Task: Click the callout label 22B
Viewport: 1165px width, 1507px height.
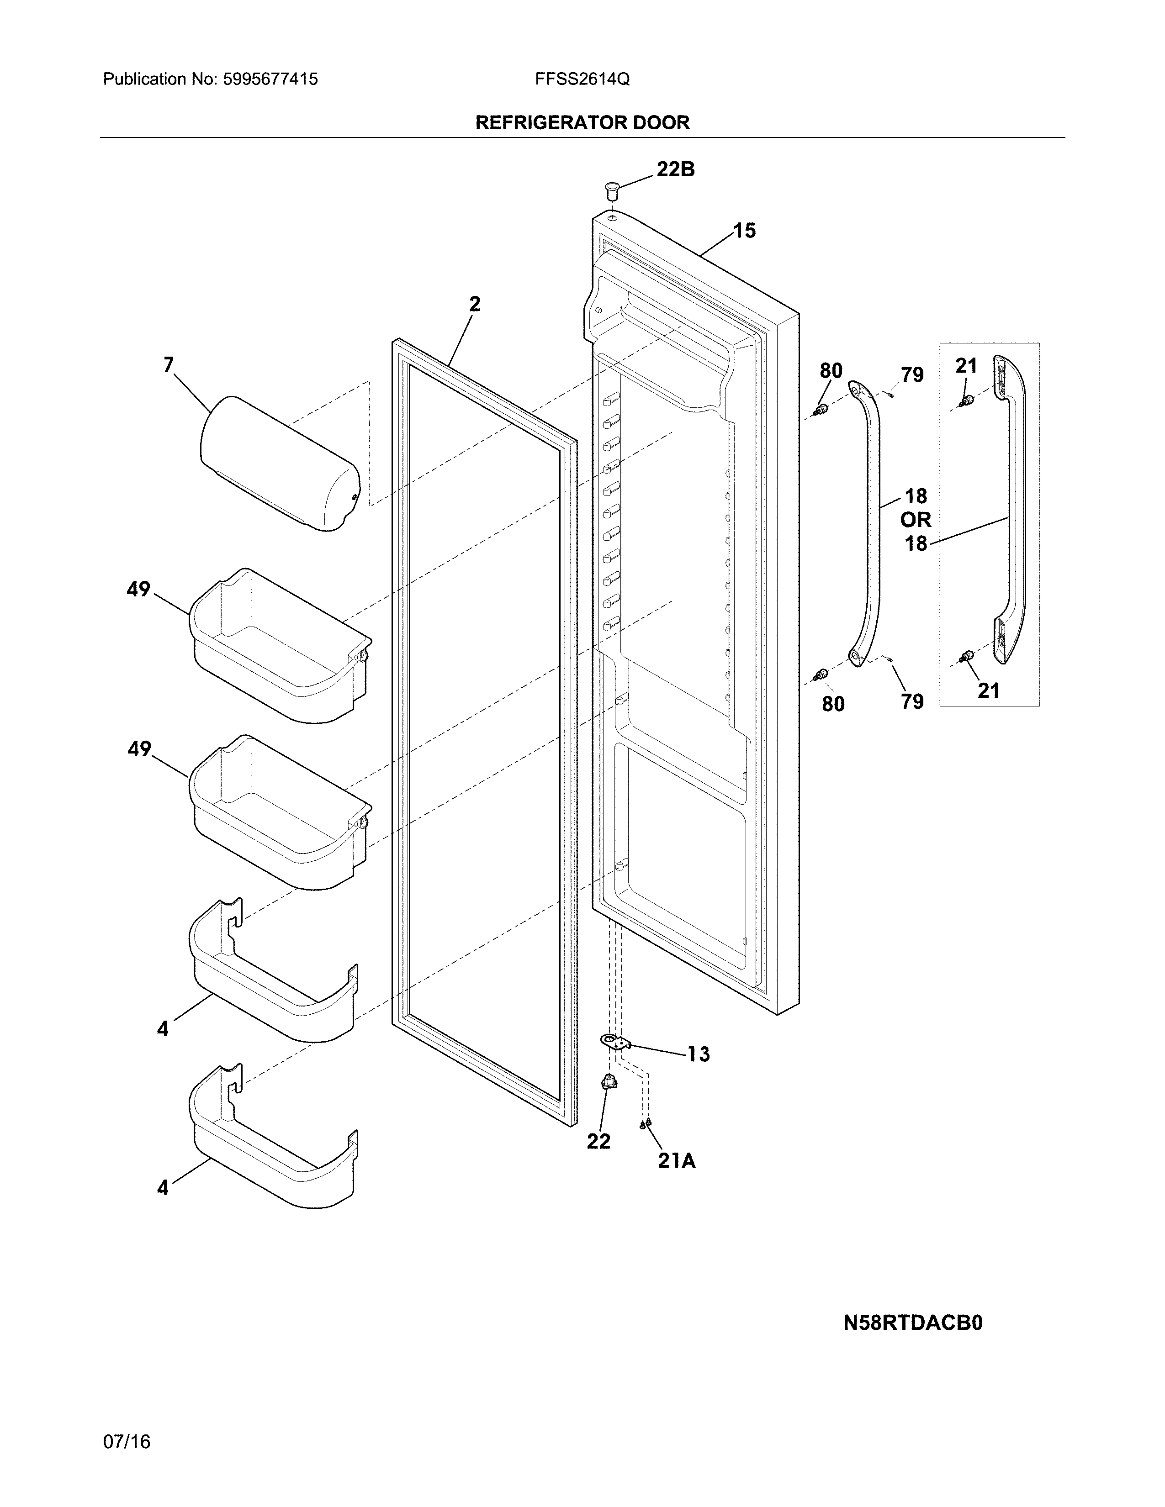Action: tap(674, 169)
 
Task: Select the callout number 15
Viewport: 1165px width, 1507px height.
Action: tap(744, 231)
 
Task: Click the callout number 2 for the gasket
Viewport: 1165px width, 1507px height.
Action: tap(474, 304)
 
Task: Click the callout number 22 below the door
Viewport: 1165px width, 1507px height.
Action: tap(598, 1141)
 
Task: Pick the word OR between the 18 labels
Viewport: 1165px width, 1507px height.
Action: tap(915, 520)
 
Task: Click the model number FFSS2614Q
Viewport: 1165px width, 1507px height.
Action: tap(582, 79)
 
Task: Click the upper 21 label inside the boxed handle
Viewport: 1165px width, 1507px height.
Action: tap(966, 366)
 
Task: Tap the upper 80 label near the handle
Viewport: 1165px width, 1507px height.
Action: tap(831, 370)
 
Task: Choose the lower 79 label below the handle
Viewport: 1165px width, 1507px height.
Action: tap(912, 701)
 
